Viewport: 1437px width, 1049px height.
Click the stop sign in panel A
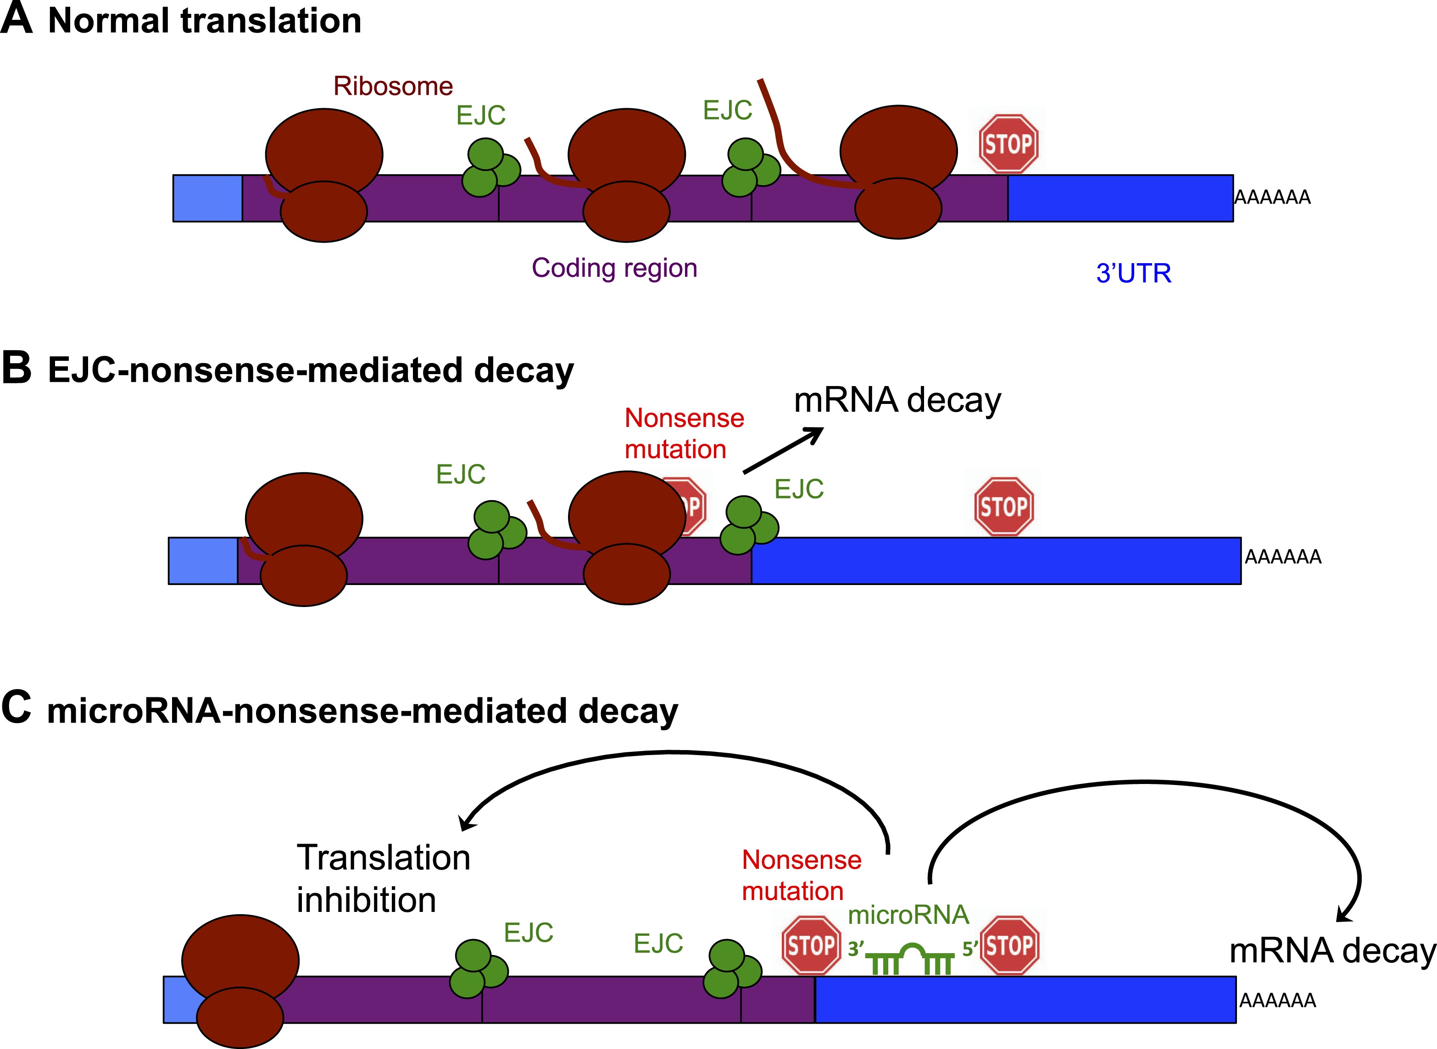(x=1008, y=144)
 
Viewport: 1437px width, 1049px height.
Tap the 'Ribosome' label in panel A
(x=393, y=86)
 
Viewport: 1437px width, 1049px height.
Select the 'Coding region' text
(x=614, y=268)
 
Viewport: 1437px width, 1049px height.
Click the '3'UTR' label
(x=1133, y=273)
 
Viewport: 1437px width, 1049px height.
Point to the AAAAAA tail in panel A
(x=1272, y=198)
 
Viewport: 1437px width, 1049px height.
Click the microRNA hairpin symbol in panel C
(x=910, y=959)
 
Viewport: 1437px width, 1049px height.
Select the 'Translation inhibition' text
(x=383, y=879)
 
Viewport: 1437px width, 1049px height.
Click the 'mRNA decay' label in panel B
(x=897, y=400)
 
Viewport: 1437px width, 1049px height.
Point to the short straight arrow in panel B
(x=783, y=451)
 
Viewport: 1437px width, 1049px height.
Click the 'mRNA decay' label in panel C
(x=1332, y=950)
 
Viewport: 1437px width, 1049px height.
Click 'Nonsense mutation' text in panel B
(x=684, y=434)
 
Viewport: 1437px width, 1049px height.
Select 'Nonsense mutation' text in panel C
(x=801, y=876)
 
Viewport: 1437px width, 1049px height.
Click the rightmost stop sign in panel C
(x=1009, y=945)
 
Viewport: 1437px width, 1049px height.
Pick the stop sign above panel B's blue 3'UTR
(x=1004, y=507)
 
